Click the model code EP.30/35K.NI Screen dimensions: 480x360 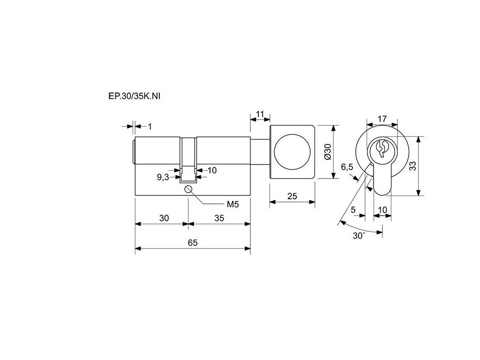click(x=135, y=96)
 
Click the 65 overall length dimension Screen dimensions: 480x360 click(x=193, y=242)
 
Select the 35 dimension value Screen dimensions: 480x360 click(x=219, y=218)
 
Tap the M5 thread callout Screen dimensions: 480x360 click(x=232, y=204)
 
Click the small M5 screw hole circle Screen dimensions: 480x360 click(x=188, y=189)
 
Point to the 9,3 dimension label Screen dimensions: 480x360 click(x=163, y=177)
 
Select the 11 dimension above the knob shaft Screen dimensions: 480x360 click(x=260, y=114)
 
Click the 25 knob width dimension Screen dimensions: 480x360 click(x=292, y=196)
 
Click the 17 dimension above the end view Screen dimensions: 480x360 click(x=382, y=119)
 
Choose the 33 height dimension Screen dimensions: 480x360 click(x=412, y=166)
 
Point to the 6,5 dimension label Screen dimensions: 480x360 click(x=347, y=167)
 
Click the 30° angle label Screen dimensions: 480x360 click(x=359, y=236)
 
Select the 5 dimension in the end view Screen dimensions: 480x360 click(x=353, y=210)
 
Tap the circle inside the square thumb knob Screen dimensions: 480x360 click(x=292, y=152)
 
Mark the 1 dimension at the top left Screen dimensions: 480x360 click(x=150, y=126)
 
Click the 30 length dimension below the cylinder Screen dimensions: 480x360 click(x=164, y=218)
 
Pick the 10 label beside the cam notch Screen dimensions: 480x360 click(x=212, y=170)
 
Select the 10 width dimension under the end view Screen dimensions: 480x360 click(x=382, y=210)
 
